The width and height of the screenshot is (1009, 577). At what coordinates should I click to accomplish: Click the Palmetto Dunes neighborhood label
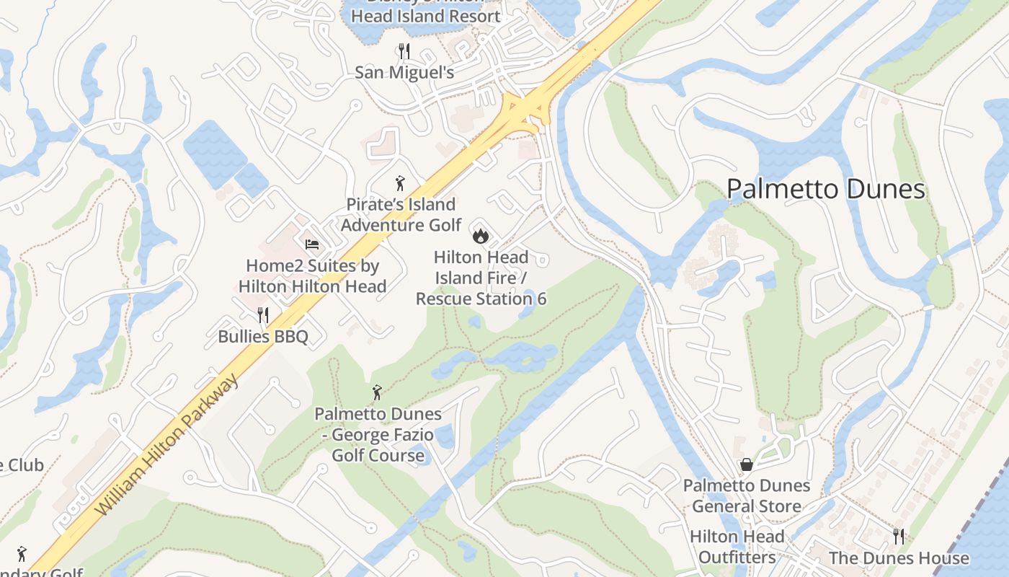[825, 189]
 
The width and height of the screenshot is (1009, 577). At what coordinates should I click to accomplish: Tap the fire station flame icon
[480, 235]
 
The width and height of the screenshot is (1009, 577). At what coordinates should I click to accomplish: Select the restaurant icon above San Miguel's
[404, 51]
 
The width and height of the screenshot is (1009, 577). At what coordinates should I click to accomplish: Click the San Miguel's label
[404, 72]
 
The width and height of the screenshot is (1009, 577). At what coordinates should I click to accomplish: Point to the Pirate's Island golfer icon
[400, 183]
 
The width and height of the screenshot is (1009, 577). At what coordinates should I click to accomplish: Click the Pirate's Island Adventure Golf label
[401, 214]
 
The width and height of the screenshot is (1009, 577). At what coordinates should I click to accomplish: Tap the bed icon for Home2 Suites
[312, 245]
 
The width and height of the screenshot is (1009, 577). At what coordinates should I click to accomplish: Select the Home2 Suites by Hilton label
[312, 276]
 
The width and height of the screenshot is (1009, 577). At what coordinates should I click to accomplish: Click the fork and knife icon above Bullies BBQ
[263, 315]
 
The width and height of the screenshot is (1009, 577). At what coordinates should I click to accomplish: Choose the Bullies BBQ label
[263, 336]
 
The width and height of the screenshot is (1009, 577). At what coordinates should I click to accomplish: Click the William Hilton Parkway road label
[167, 444]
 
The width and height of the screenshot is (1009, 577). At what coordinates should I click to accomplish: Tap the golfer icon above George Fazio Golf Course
[377, 392]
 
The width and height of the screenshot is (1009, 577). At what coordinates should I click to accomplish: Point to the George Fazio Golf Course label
[378, 434]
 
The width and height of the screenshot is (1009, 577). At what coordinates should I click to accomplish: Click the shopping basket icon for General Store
[747, 464]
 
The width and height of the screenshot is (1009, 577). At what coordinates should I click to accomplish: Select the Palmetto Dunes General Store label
[747, 495]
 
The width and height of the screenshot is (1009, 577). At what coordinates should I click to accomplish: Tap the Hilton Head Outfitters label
[737, 547]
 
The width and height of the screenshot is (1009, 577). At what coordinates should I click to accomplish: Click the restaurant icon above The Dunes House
[899, 537]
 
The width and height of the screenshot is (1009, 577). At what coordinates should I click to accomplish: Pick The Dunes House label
[899, 558]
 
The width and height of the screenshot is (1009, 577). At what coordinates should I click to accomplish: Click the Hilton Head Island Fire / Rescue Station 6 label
[481, 278]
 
